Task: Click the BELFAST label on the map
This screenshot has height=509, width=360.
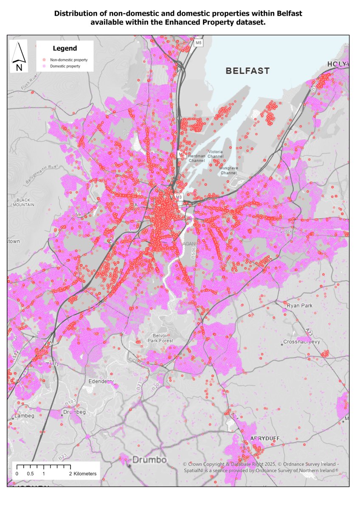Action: click(x=247, y=71)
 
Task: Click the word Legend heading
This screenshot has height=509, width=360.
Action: click(x=65, y=48)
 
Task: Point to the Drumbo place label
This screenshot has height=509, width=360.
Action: click(x=143, y=460)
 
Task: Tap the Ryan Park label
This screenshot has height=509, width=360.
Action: click(x=299, y=306)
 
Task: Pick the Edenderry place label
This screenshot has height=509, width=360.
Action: click(x=101, y=381)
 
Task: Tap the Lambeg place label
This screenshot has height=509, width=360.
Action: click(x=25, y=416)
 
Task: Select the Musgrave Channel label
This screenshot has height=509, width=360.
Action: click(x=228, y=171)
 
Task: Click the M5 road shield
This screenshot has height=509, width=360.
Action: click(x=199, y=43)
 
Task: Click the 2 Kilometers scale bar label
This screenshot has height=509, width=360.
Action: click(x=83, y=473)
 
